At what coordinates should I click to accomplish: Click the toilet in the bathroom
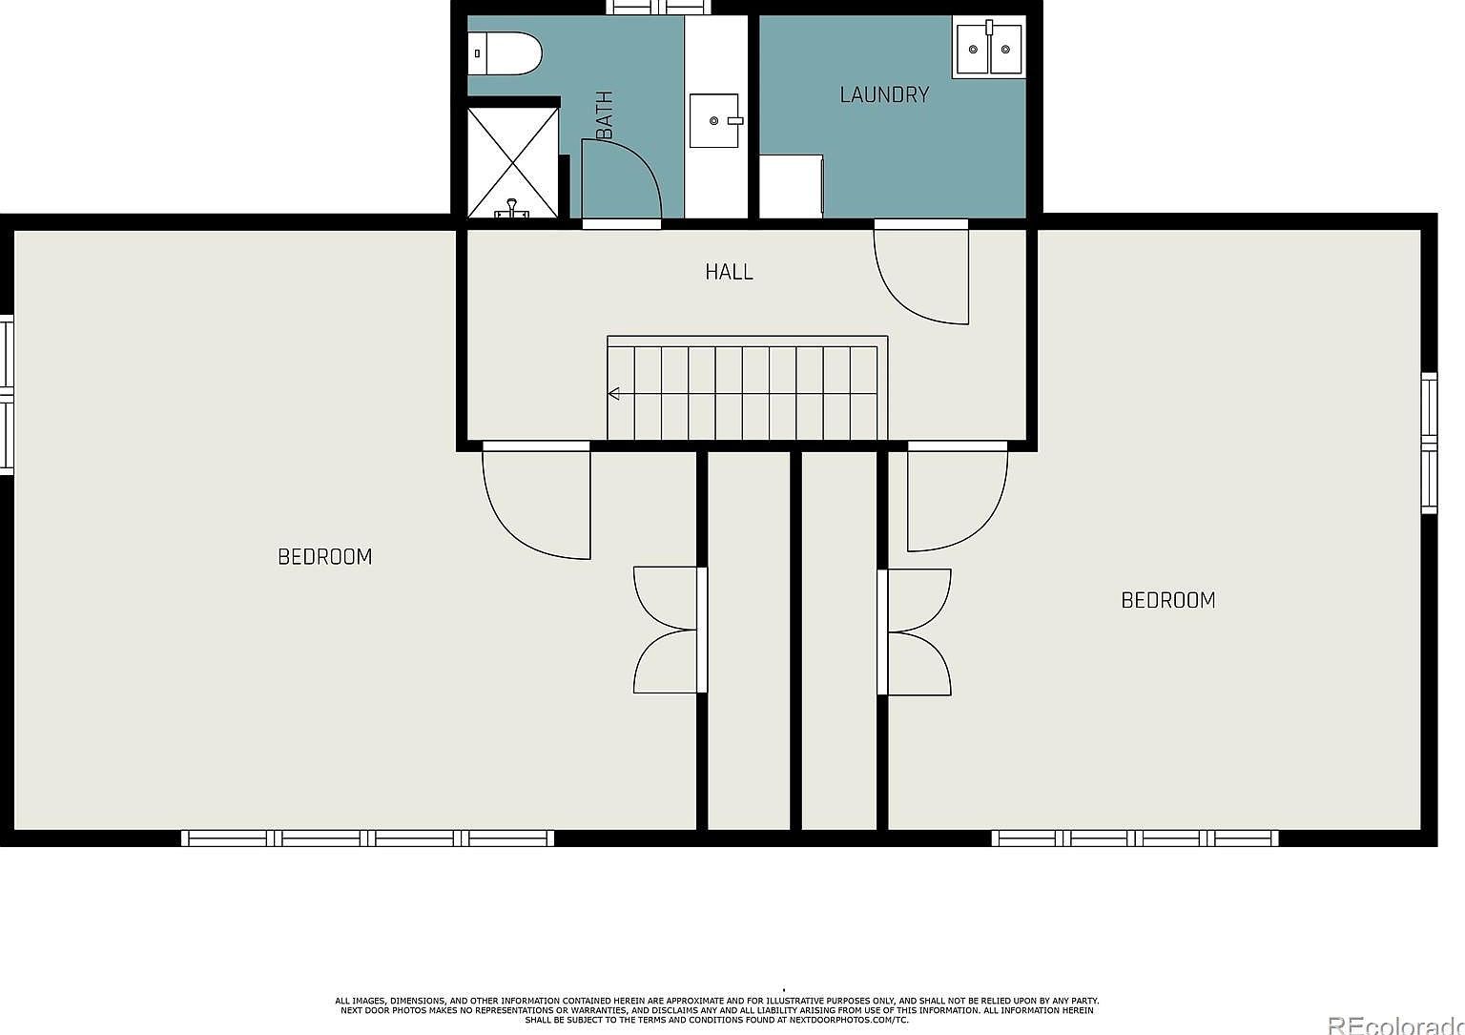click(506, 53)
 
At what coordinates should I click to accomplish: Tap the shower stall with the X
click(513, 162)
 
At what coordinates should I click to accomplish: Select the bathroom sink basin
click(714, 120)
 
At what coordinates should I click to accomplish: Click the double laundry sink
click(989, 48)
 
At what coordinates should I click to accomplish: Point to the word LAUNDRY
click(884, 94)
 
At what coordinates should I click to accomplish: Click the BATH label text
click(605, 115)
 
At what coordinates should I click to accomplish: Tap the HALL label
click(730, 272)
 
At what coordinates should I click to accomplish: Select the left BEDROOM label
click(324, 556)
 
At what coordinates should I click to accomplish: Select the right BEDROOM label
click(1167, 600)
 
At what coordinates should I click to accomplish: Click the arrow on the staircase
click(615, 393)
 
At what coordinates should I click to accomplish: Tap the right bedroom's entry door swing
click(956, 498)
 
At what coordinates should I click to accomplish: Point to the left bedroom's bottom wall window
click(368, 838)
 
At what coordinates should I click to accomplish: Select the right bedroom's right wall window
click(1428, 443)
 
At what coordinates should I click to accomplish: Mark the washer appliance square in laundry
click(791, 186)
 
